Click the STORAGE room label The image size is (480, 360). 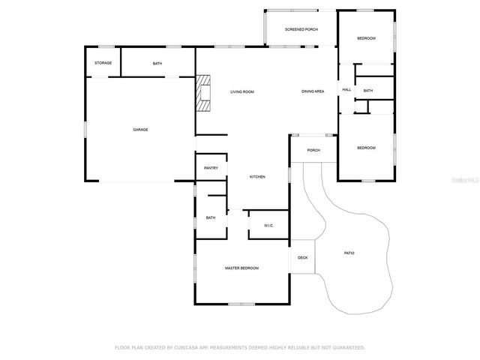(x=103, y=63)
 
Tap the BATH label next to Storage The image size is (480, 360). (x=157, y=64)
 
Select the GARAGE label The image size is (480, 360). (x=140, y=130)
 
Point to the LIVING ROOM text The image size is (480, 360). (x=242, y=91)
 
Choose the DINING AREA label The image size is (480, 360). (x=313, y=91)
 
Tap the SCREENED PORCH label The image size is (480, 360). (x=301, y=29)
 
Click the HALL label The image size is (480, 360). (x=346, y=90)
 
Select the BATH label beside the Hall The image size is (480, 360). (x=368, y=91)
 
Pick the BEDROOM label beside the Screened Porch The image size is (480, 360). (x=366, y=38)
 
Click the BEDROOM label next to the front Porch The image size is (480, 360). (x=366, y=148)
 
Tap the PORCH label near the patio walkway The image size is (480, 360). (x=313, y=150)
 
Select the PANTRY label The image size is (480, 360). (x=211, y=168)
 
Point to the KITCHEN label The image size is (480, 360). (x=257, y=177)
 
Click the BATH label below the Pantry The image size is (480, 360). (x=211, y=217)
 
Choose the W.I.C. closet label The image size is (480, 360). (x=268, y=226)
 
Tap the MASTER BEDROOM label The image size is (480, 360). (x=242, y=268)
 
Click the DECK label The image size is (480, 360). (x=303, y=258)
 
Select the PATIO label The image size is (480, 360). (x=349, y=253)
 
